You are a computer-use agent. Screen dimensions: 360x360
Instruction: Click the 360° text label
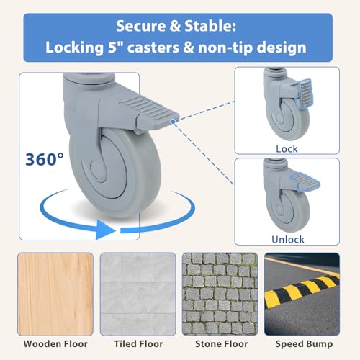coord(45,159)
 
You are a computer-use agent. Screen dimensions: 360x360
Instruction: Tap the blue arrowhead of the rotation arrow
coord(106,230)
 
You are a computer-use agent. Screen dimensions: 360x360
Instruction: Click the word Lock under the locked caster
coord(287,149)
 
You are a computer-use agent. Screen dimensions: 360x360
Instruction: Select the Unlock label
coord(288,240)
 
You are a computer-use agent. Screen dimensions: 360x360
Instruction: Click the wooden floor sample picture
coord(55,294)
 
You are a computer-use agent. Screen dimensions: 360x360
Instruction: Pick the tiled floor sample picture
coord(138,294)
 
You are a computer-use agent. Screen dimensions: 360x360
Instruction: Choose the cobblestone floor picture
coord(220,294)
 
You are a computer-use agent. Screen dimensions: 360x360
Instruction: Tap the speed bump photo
coord(302,294)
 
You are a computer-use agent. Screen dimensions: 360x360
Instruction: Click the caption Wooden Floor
coord(55,344)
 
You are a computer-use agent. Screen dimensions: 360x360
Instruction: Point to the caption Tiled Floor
coord(138,344)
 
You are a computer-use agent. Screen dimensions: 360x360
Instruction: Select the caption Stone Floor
coord(222,344)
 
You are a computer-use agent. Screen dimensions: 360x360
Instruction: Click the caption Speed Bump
coord(304,344)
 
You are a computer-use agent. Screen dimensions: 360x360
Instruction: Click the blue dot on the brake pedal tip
coord(173,122)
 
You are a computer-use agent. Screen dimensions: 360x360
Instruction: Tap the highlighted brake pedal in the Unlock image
coord(305,180)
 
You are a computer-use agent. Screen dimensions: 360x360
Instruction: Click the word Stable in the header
coord(210,26)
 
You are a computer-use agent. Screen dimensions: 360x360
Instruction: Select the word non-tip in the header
coord(225,48)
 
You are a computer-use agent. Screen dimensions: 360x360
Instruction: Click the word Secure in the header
coord(140,26)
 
